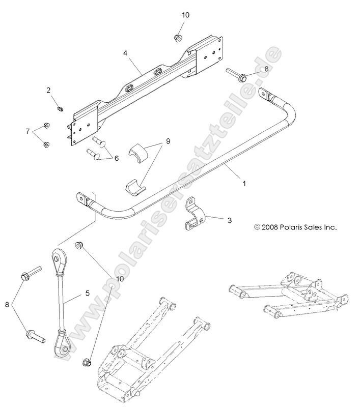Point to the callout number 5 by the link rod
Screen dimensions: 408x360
click(x=88, y=293)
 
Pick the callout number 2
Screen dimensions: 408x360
click(x=63, y=91)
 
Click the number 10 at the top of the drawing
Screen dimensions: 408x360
click(x=185, y=15)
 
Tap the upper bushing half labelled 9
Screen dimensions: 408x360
click(x=137, y=152)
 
